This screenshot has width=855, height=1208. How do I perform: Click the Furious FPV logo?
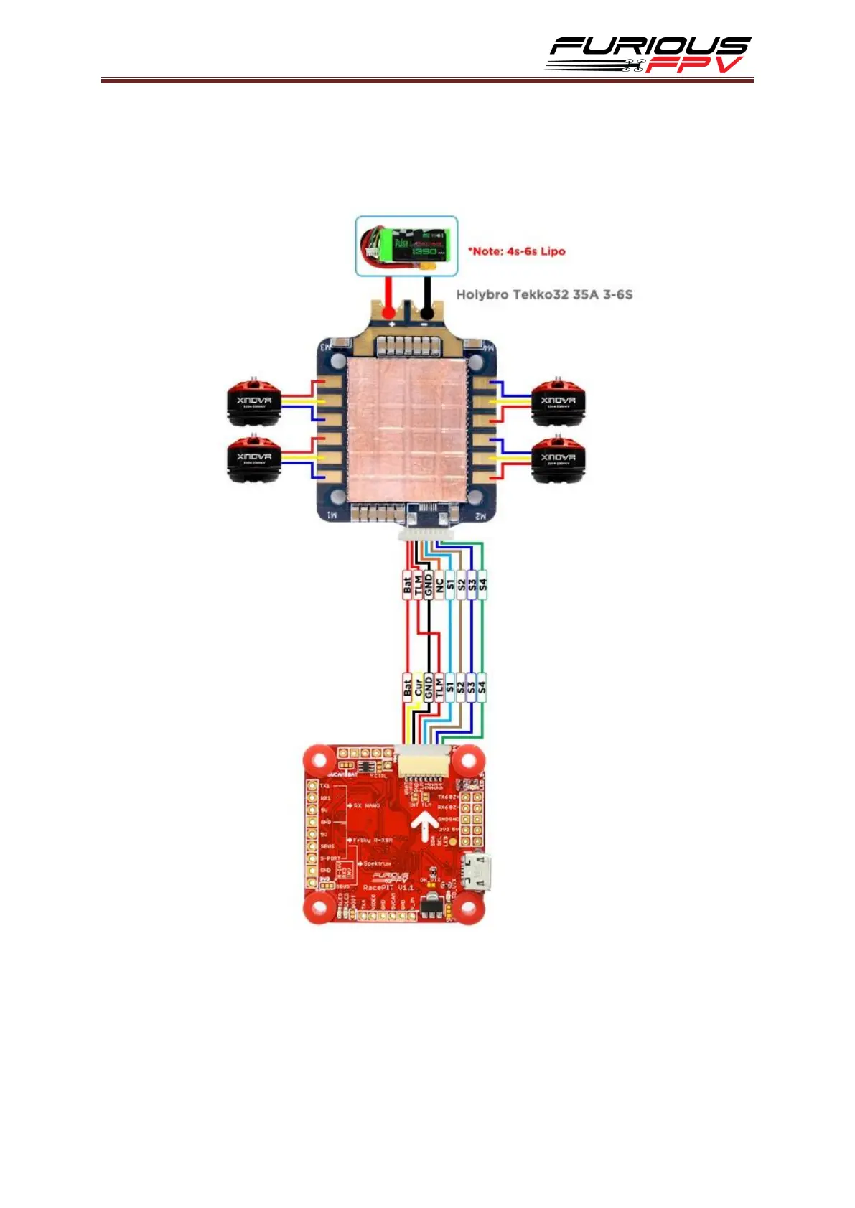click(648, 55)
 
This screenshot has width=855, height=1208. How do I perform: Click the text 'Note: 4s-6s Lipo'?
click(516, 251)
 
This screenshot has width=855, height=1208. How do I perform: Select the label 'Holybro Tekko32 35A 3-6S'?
click(544, 294)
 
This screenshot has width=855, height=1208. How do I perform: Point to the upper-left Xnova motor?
click(254, 401)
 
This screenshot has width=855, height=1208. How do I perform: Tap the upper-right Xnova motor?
click(557, 401)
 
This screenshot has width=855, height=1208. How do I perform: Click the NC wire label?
click(439, 585)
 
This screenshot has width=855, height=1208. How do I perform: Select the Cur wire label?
click(418, 687)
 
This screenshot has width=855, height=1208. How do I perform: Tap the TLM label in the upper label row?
click(418, 585)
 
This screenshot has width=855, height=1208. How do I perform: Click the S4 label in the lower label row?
click(482, 687)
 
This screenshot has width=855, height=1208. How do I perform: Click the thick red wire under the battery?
click(388, 294)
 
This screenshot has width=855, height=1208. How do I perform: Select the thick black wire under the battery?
click(427, 294)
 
